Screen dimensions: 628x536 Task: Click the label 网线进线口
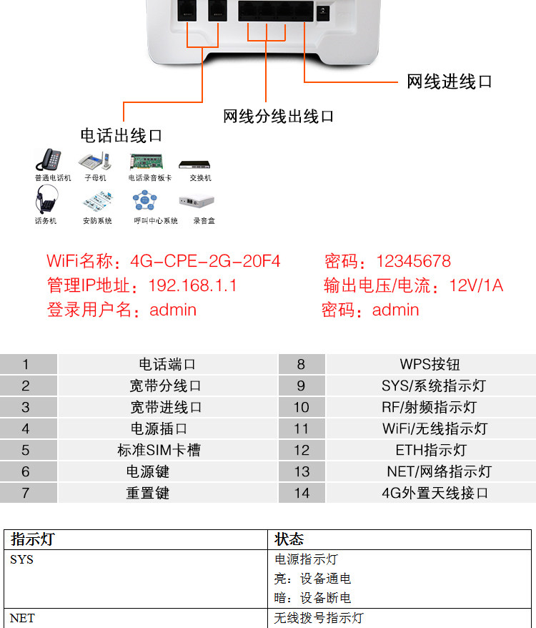tap(450, 82)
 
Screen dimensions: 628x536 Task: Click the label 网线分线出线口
tap(278, 116)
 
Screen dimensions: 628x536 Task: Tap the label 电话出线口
tap(121, 135)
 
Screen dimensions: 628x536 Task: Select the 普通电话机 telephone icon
tap(51, 160)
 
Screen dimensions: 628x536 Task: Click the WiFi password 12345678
tap(413, 261)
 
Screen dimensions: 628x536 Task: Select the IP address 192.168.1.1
tap(192, 285)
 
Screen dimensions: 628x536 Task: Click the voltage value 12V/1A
tap(476, 285)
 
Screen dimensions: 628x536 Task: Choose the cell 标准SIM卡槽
tap(159, 450)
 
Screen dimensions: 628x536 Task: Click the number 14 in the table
tap(302, 493)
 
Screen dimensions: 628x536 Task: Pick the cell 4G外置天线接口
tap(435, 493)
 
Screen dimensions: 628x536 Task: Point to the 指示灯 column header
tap(32, 539)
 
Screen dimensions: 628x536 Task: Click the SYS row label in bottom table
tap(21, 559)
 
